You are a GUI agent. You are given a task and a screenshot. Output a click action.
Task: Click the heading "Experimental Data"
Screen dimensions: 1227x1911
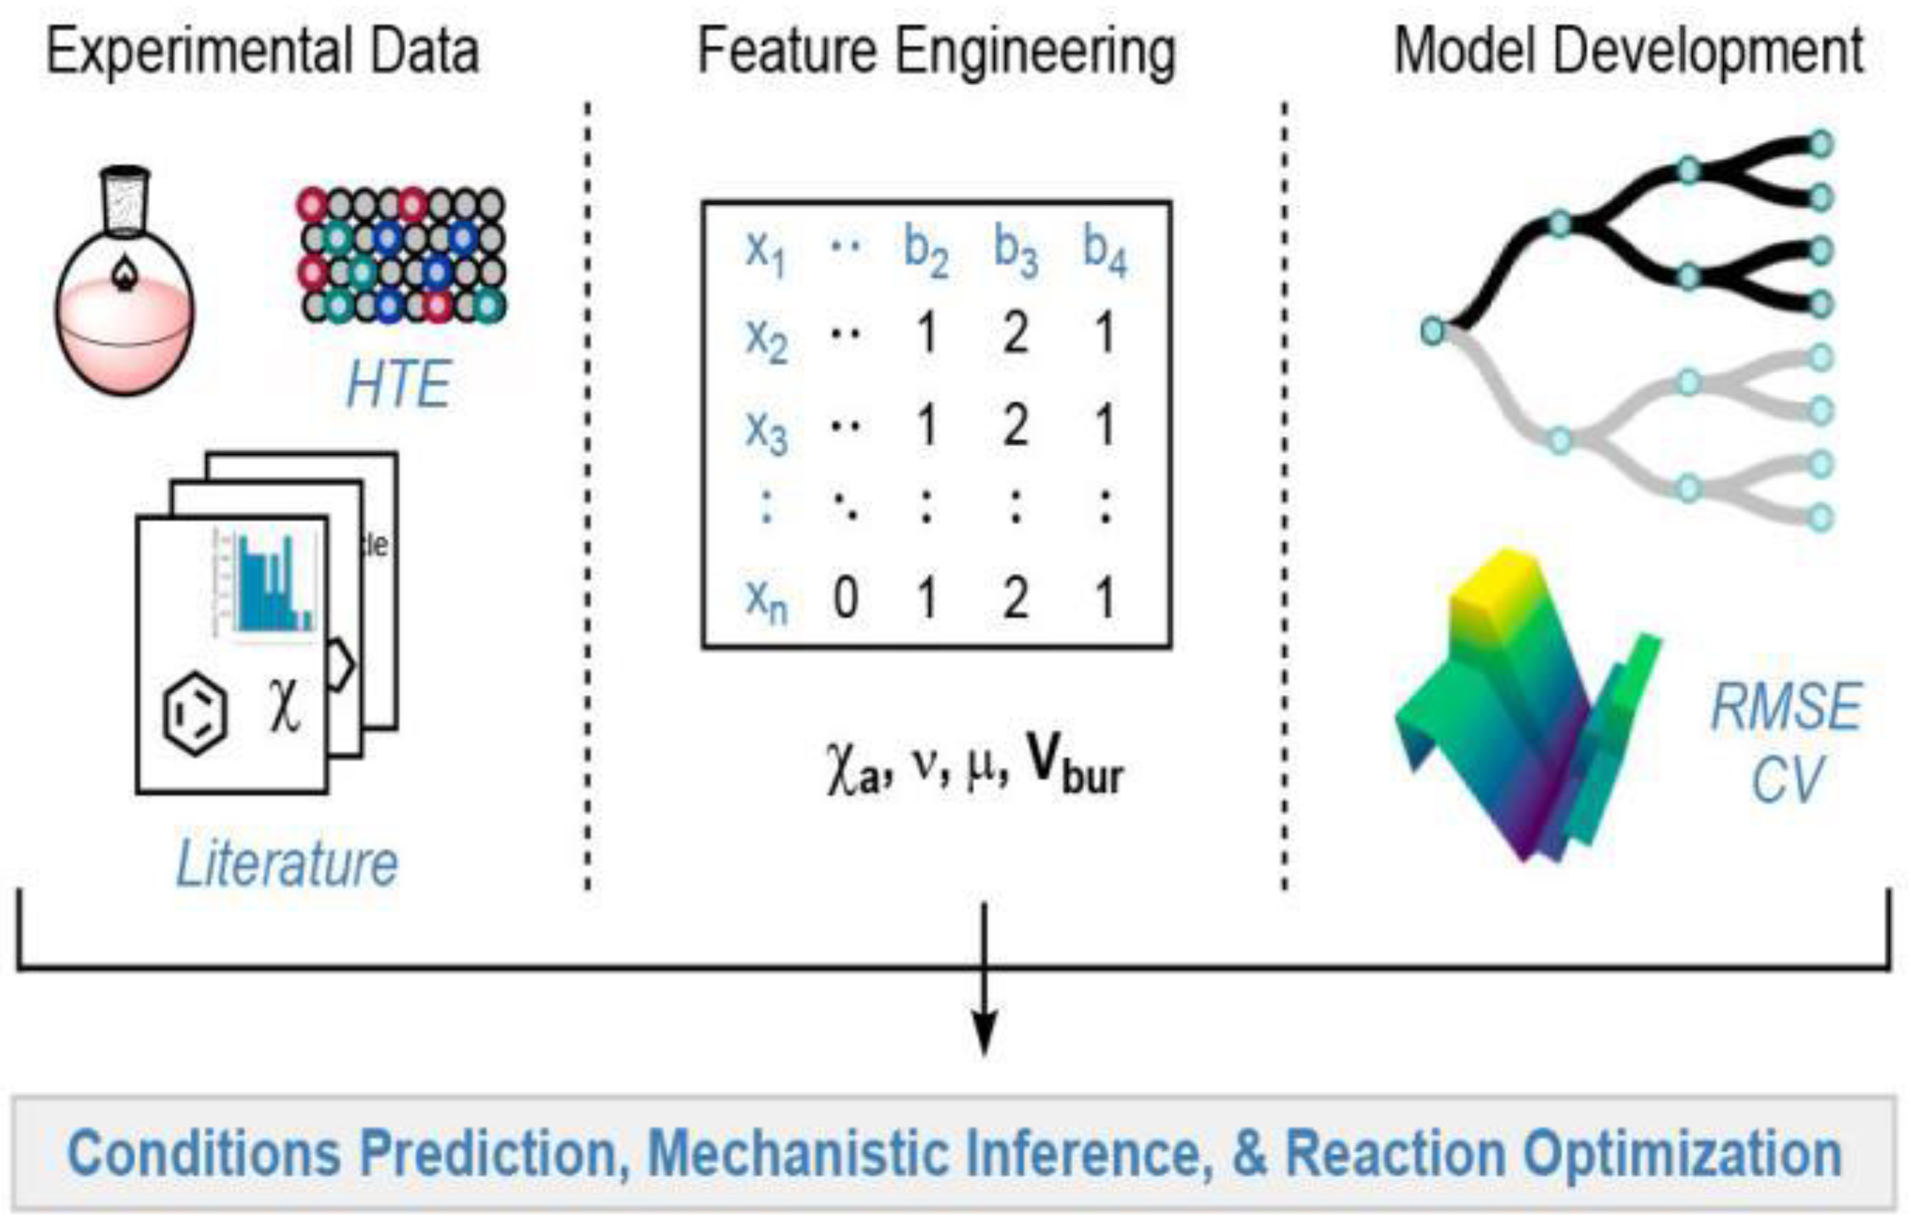point(263,52)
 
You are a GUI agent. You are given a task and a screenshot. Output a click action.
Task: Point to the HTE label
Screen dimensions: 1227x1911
point(398,385)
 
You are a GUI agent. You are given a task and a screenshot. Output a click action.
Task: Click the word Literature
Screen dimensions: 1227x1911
point(287,864)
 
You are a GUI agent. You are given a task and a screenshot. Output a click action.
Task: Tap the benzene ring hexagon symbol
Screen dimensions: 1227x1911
point(195,713)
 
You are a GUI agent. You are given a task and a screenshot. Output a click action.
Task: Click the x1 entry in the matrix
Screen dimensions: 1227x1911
point(765,251)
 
